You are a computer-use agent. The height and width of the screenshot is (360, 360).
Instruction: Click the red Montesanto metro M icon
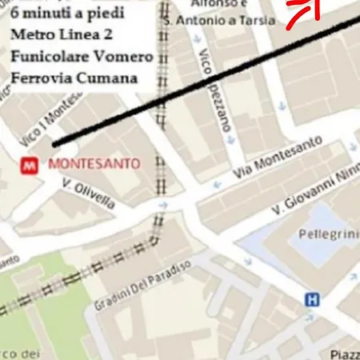pyautogui.click(x=29, y=165)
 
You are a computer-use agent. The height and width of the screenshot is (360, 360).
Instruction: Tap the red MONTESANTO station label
pyautogui.click(x=94, y=164)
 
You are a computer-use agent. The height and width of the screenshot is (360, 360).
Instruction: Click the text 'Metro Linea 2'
pyautogui.click(x=62, y=37)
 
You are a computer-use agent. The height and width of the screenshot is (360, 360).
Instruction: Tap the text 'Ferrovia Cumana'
pyautogui.click(x=73, y=78)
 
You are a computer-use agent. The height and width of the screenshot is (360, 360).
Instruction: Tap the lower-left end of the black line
pyautogui.click(x=54, y=145)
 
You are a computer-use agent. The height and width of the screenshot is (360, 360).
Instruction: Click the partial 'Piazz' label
pyautogui.click(x=345, y=354)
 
